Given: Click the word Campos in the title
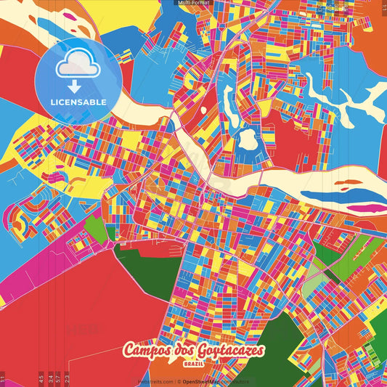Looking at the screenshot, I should click(x=144, y=351).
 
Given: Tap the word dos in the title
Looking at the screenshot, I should click(x=176, y=351).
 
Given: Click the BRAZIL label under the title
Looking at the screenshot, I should click(x=193, y=362).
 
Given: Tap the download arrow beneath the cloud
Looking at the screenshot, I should click(x=74, y=86).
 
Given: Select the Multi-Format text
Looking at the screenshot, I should click(x=193, y=3).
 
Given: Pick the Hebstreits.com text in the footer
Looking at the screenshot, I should click(x=155, y=381).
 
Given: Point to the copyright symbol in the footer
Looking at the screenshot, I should click(x=177, y=381).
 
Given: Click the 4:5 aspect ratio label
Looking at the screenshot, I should click(x=41, y=378).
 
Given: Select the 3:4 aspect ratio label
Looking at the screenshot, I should click(x=50, y=378).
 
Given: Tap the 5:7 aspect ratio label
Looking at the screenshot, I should click(x=58, y=378).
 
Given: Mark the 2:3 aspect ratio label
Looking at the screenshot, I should click(x=67, y=378).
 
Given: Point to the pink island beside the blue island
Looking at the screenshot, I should click(x=367, y=208).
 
